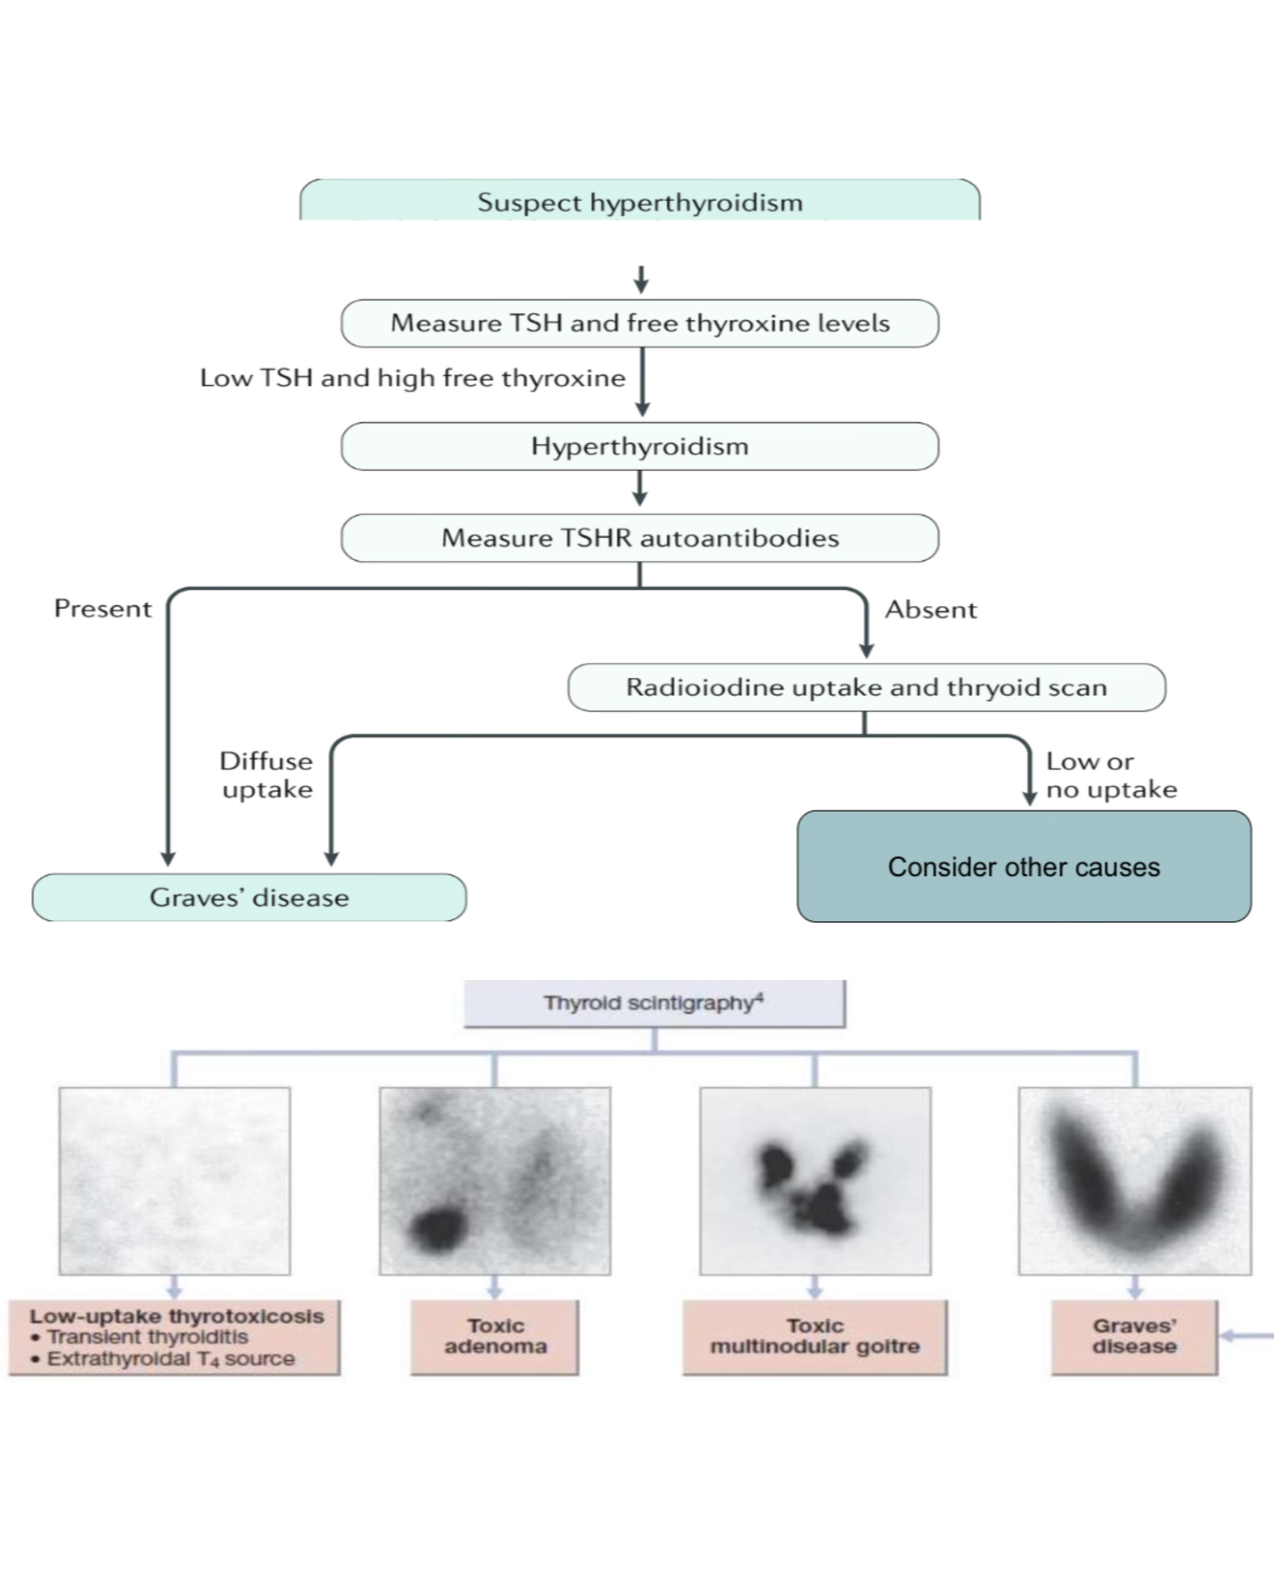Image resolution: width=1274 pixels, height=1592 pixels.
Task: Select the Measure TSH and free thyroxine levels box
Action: click(x=639, y=323)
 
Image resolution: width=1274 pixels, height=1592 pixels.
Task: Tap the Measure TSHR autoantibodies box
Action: click(x=639, y=538)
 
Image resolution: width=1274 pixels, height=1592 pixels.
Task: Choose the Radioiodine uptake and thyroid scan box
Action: click(x=866, y=688)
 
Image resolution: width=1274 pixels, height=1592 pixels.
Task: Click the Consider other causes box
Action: click(x=1024, y=866)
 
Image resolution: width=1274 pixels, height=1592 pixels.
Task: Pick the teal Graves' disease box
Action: click(x=249, y=897)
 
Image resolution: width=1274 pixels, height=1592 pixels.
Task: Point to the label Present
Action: click(x=102, y=609)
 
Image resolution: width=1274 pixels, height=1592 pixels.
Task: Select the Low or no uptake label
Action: click(x=1112, y=775)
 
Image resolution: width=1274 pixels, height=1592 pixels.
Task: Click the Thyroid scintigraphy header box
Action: click(x=654, y=1003)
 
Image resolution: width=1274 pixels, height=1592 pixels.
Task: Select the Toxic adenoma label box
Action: click(x=495, y=1337)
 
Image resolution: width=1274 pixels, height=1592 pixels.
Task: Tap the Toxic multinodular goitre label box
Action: click(x=815, y=1337)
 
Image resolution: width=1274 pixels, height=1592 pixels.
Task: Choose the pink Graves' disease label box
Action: click(x=1135, y=1337)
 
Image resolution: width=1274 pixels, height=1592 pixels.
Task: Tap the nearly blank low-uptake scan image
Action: click(x=174, y=1181)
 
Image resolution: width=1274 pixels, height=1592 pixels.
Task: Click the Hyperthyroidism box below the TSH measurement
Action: click(x=639, y=447)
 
